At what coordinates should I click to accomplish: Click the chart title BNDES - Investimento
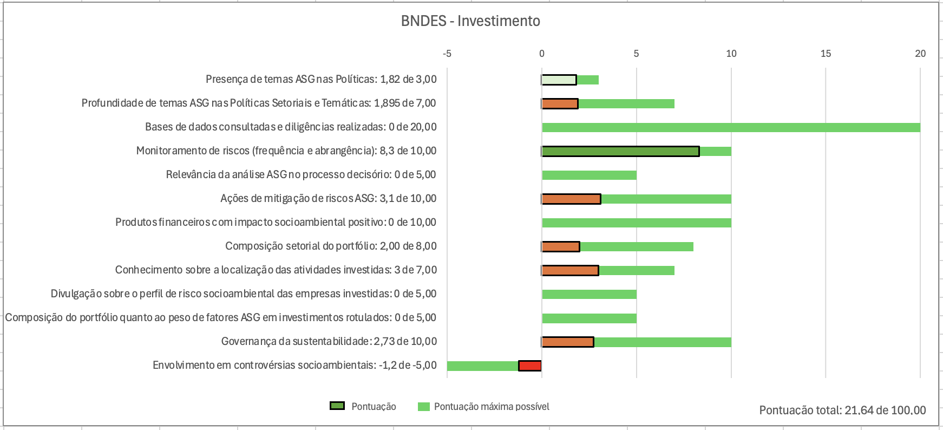(x=470, y=21)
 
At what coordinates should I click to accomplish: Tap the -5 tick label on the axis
(x=447, y=54)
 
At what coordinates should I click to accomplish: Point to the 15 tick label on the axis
(x=826, y=54)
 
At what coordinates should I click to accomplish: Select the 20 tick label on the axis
(x=920, y=54)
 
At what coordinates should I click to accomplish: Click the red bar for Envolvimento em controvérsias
(x=530, y=366)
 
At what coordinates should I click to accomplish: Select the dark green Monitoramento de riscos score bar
(x=620, y=152)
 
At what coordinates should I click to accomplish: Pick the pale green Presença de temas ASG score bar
(x=559, y=80)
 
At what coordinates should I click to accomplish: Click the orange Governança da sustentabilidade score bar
(x=568, y=342)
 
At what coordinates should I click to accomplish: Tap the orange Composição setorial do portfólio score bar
(x=561, y=247)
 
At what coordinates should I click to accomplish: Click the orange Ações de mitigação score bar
(x=571, y=199)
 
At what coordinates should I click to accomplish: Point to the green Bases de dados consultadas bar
(x=731, y=128)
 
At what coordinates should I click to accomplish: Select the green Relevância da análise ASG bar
(x=589, y=175)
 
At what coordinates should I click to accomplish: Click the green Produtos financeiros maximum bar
(x=636, y=223)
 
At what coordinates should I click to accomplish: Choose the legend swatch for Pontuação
(x=337, y=406)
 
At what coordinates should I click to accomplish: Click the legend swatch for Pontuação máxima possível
(x=424, y=407)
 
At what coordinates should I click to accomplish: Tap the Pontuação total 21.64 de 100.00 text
(x=842, y=410)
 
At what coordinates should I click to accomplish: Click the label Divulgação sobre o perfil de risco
(x=244, y=294)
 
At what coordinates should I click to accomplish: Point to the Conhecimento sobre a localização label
(x=276, y=270)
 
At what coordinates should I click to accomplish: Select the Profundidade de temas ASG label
(x=259, y=103)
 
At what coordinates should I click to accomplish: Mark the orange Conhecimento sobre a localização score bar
(x=570, y=271)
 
